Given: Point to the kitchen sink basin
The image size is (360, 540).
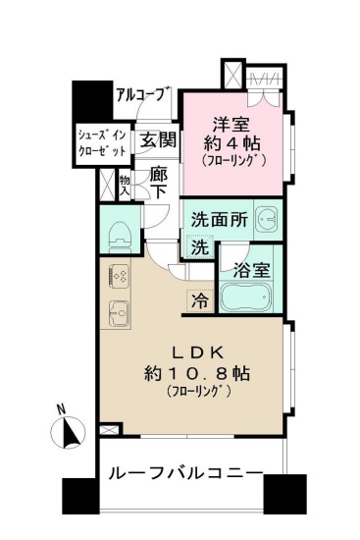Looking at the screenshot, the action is pos(119,313).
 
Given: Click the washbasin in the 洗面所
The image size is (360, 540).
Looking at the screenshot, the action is pos(268,219).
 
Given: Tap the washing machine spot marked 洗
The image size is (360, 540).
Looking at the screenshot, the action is pos(200,246).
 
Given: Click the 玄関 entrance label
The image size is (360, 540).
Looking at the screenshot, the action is pos(158,139).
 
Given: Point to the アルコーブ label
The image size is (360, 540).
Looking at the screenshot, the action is pos(143,94).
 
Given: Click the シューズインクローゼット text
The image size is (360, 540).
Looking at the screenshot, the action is pos(102,143).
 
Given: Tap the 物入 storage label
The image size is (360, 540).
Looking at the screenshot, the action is pos(125,187).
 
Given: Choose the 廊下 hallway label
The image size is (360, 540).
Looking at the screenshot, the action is pos(159,184).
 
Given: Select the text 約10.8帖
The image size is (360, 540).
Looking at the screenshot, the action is pos(196,373).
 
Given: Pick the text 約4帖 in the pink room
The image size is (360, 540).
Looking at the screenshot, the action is pos(231,143).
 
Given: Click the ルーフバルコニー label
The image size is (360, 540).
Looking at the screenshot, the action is pos(186,473).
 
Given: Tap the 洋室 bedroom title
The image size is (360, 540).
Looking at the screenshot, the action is pos(231,125).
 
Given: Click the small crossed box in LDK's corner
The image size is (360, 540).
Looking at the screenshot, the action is pos(108,430).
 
